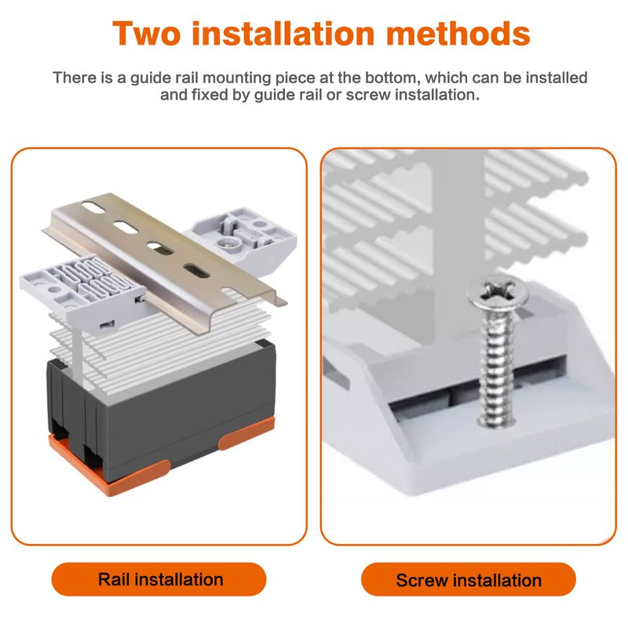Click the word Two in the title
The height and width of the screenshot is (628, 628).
(x=147, y=33)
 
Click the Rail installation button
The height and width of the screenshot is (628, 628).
(x=159, y=579)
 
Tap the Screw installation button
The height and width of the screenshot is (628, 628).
(x=469, y=579)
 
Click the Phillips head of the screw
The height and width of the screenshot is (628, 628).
(x=498, y=294)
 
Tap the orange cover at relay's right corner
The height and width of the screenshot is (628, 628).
(x=247, y=433)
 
